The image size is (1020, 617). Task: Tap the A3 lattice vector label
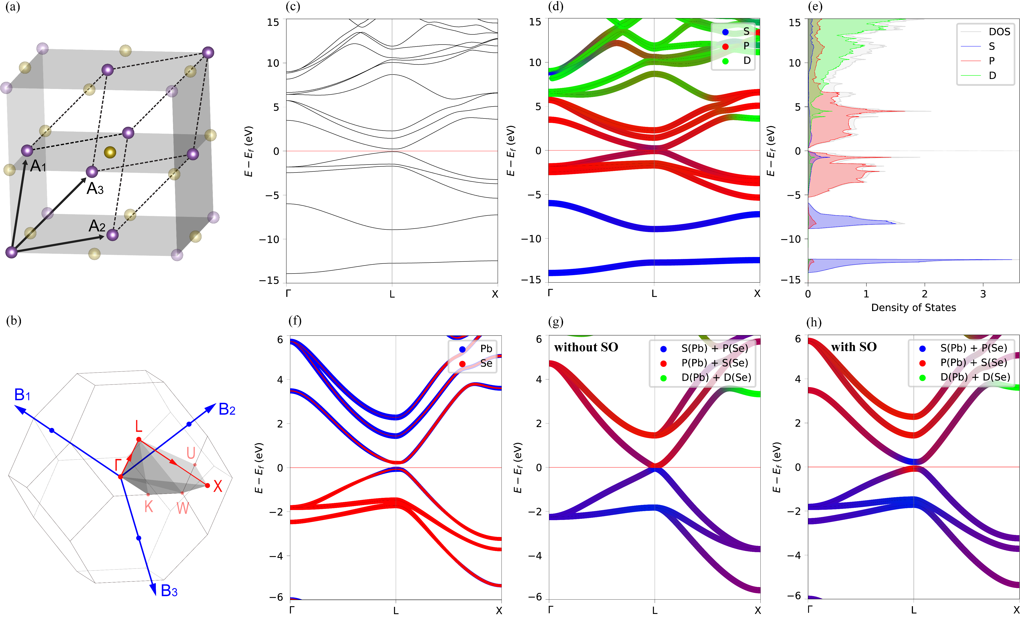coord(95,189)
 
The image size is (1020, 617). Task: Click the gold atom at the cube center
coord(110,152)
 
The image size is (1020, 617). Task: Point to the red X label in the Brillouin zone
coord(218,486)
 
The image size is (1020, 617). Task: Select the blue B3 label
coord(169,591)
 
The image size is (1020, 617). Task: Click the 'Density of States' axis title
coord(913,308)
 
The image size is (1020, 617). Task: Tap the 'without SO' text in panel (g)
coord(586,347)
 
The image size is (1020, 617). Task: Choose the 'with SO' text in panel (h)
coord(854,347)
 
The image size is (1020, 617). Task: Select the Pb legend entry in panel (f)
coord(486,349)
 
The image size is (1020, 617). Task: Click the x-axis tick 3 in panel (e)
coord(983,294)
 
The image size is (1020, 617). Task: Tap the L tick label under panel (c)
coord(392,294)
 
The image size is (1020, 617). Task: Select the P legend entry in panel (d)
coord(746,46)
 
